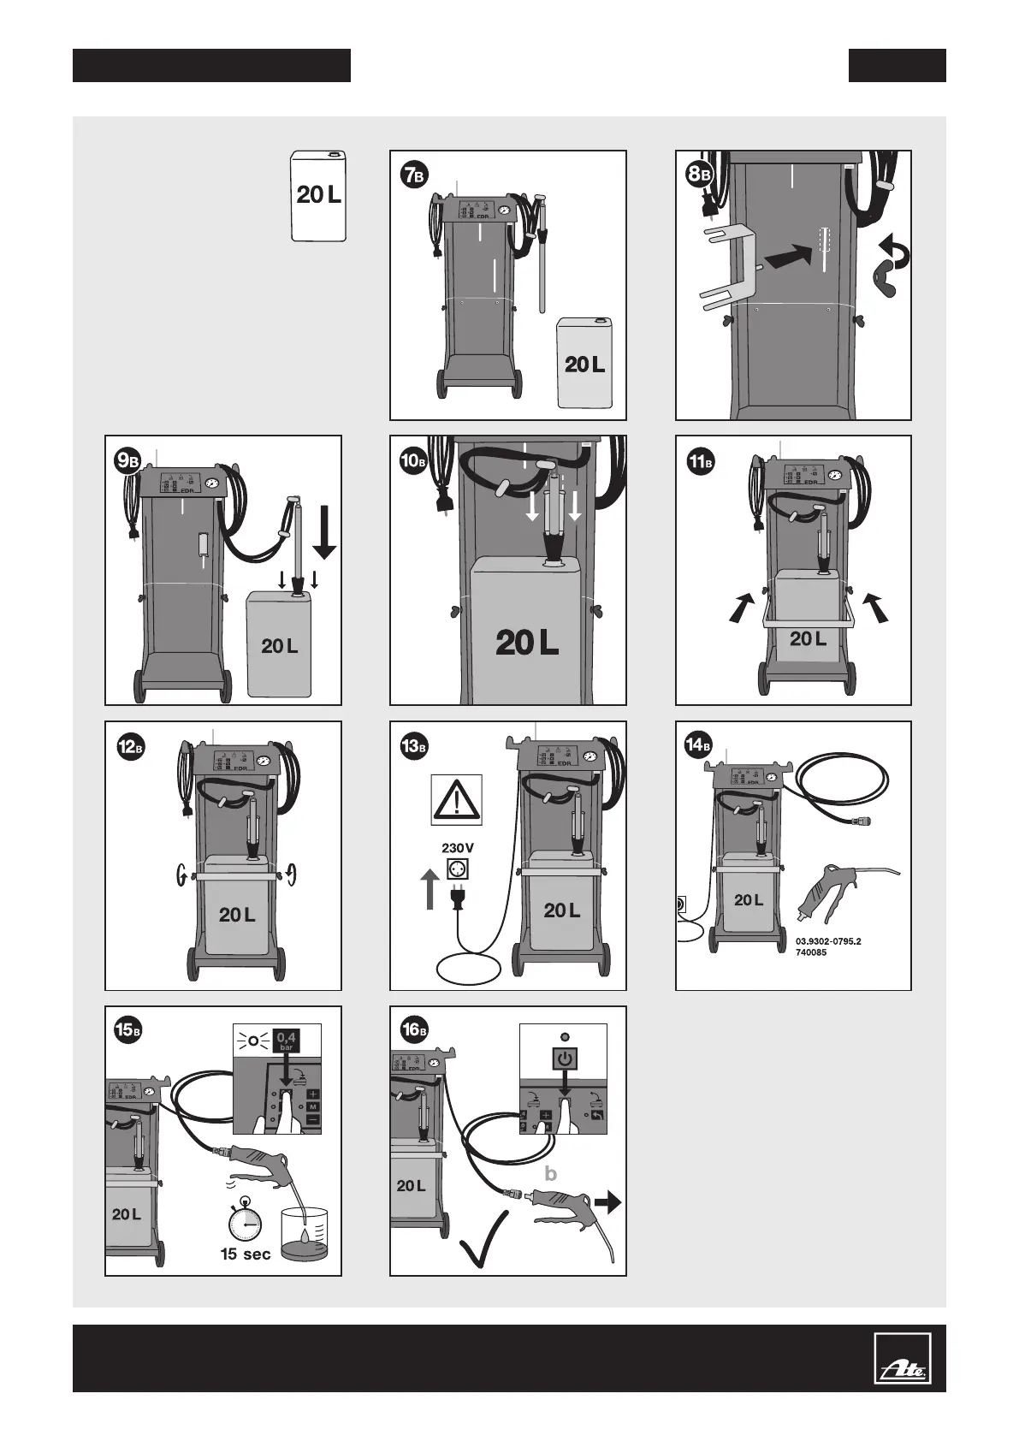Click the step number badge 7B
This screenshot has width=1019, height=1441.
click(413, 176)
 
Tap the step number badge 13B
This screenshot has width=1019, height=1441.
click(413, 747)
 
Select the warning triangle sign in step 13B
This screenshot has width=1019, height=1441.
click(456, 800)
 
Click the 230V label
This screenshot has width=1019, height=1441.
click(457, 848)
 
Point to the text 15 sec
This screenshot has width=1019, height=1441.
click(246, 1254)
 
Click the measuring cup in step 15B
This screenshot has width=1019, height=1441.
click(305, 1234)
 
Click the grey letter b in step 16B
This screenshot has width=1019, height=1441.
click(550, 1174)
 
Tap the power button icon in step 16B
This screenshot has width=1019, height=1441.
click(565, 1059)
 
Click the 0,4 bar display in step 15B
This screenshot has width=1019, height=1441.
click(287, 1040)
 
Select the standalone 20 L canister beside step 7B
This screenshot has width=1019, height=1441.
click(319, 195)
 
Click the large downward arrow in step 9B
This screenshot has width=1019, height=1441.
click(324, 531)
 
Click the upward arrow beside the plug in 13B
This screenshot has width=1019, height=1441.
click(430, 888)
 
